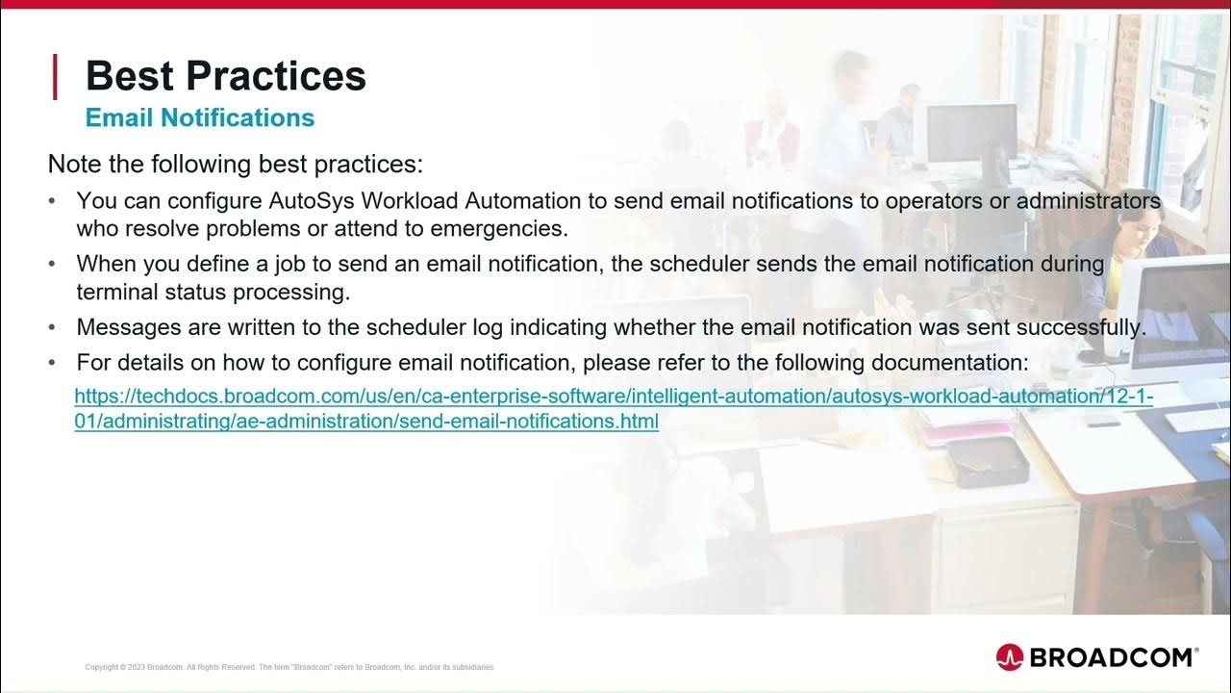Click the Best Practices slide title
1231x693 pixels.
(225, 76)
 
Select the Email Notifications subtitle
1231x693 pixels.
(200, 117)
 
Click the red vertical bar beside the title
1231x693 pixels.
(55, 77)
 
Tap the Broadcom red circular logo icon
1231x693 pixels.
(1010, 656)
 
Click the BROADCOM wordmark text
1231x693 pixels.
(1112, 657)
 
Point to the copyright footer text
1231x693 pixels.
(289, 667)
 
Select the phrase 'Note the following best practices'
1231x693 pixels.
(235, 164)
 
